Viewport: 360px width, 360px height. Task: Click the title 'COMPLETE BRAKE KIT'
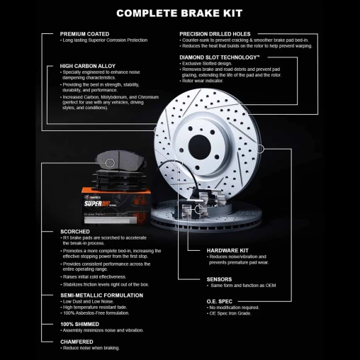click(179, 13)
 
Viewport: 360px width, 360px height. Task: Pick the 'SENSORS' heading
click(219, 279)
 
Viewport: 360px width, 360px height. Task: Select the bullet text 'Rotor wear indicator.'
click(205, 89)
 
